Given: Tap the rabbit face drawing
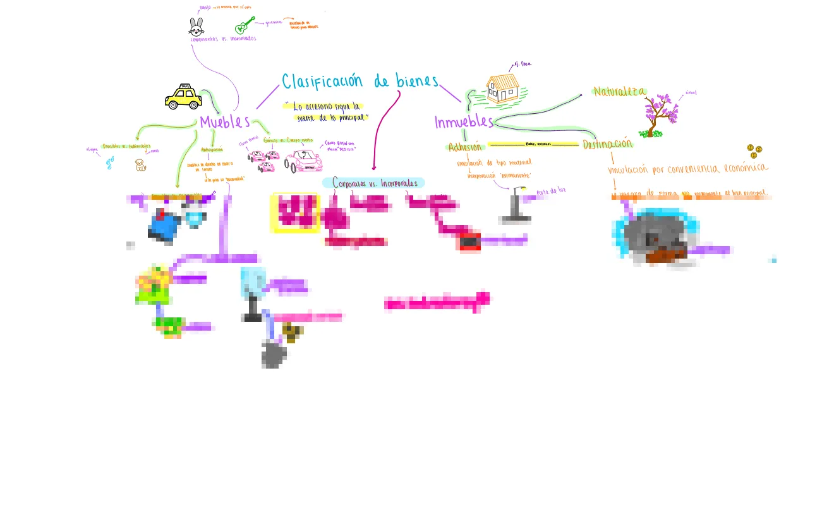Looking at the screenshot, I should pos(196,27).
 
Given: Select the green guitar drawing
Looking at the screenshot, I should pos(243,27).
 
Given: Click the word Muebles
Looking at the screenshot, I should pos(224,122).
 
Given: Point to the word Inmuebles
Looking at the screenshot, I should pos(463,122).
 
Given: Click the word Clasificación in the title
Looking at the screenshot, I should pos(322,82).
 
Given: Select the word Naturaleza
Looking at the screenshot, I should pos(619,92).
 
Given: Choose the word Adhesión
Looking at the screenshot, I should pos(464,147).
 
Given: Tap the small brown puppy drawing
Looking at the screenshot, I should pos(140,165).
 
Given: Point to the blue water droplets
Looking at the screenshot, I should pos(110,163).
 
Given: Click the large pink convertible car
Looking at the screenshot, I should pos(303,161).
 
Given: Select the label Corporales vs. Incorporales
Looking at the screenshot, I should pos(374,183).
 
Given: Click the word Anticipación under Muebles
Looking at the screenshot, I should pos(212,150).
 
